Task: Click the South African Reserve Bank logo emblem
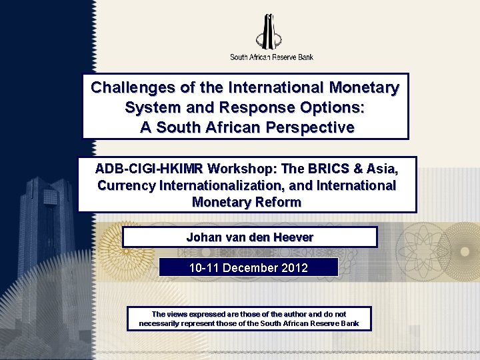(x=271, y=31)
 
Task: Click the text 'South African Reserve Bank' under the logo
(x=271, y=57)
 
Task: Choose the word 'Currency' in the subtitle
(x=127, y=185)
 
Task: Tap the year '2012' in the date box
(x=294, y=268)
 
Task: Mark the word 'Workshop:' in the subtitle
(x=243, y=168)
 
